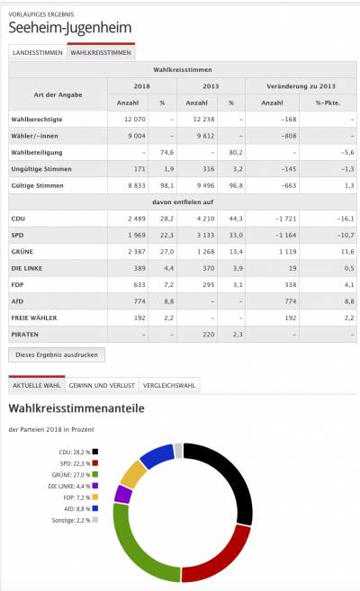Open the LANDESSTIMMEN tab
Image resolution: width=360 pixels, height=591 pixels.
[38, 52]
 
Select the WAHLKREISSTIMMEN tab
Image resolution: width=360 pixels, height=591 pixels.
[102, 52]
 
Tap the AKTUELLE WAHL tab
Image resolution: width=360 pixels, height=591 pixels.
[35, 385]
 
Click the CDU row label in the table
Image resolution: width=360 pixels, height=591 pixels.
[18, 218]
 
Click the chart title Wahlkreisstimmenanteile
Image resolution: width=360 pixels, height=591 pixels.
[77, 410]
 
